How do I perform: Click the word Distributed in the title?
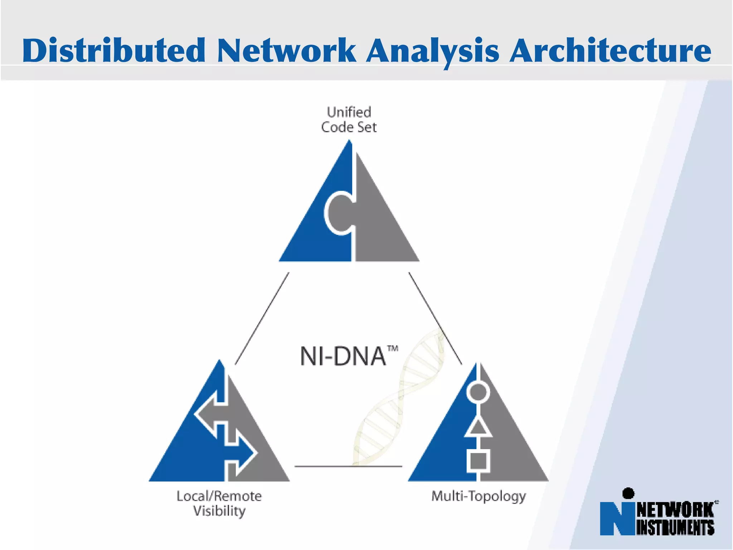(x=114, y=50)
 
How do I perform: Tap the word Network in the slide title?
(x=286, y=50)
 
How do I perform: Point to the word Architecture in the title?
(x=610, y=50)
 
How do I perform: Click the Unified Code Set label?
(x=349, y=120)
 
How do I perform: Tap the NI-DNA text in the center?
(x=343, y=356)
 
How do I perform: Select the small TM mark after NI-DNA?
(x=393, y=348)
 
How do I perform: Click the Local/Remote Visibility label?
(x=219, y=503)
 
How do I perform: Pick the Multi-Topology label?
(x=479, y=496)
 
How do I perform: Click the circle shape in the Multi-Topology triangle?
(x=478, y=392)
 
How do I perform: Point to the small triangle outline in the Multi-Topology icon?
(x=478, y=428)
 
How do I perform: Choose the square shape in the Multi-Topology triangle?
(x=478, y=461)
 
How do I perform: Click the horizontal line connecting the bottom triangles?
(x=348, y=467)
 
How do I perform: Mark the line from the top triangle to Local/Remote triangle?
(x=262, y=318)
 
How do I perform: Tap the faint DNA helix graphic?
(x=397, y=397)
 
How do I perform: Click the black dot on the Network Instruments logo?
(x=628, y=493)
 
